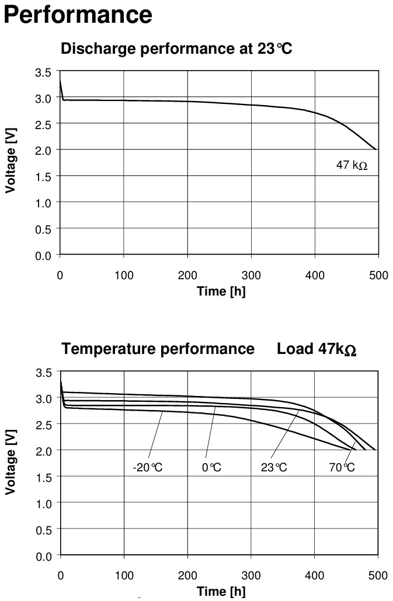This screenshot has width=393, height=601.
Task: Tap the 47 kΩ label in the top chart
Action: point(352,165)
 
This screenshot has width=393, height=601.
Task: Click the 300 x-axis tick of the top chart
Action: point(251,276)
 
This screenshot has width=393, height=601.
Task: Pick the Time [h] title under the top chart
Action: point(221,291)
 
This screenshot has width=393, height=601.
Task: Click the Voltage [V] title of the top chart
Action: point(11,163)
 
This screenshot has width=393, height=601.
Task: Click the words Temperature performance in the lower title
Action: point(158,349)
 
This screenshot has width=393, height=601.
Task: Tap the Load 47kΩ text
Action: point(317,349)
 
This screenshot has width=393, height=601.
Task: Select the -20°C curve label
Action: point(149,468)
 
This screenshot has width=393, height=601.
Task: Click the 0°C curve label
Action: point(212,468)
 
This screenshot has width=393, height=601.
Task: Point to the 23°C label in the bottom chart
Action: point(274,468)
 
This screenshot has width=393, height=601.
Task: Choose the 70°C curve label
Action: point(342,468)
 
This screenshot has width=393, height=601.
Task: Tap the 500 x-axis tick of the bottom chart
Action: point(378,575)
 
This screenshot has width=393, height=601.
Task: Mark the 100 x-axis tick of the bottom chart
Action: point(124,575)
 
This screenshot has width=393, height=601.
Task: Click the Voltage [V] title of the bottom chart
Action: point(11,462)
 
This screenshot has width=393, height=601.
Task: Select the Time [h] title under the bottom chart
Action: point(221,591)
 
